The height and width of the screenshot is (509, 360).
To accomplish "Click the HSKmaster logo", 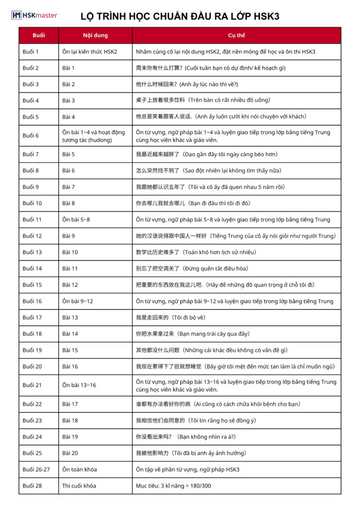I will tap(34, 15).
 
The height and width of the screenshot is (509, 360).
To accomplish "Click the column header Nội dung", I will tap(95, 36).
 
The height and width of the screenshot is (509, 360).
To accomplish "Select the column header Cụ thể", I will tap(237, 36).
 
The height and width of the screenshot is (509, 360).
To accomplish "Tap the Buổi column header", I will tap(38, 36).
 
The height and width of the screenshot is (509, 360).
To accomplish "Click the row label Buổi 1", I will tap(30, 52).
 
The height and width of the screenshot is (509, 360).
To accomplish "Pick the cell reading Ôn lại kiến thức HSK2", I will tap(90, 52).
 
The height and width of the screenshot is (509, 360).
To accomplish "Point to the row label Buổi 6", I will tap(30, 136).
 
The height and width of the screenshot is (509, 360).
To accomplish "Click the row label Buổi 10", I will tap(32, 203).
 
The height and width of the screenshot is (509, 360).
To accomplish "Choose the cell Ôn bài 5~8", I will tap(76, 220).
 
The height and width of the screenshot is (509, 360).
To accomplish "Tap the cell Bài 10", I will tap(70, 252).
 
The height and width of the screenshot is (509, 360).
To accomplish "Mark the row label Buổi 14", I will tap(32, 268).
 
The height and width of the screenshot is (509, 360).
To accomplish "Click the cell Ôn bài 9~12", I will tap(78, 301).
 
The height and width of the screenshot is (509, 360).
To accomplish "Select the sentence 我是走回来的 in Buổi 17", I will tap(152, 318).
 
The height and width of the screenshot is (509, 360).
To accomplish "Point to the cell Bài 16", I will tap(70, 366).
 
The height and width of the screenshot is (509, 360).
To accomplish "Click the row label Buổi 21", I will tap(32, 385).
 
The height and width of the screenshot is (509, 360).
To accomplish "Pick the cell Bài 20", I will tap(70, 453).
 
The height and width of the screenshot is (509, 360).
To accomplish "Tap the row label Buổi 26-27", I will tap(36, 469).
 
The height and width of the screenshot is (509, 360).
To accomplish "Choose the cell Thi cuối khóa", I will tap(79, 486).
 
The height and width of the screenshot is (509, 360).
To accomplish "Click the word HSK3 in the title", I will tap(265, 16).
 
